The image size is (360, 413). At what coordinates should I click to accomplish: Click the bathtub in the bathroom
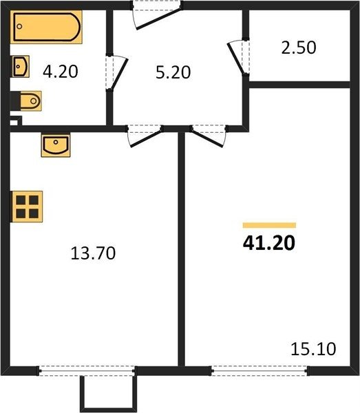[46, 27]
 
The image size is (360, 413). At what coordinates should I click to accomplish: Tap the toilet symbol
[26, 101]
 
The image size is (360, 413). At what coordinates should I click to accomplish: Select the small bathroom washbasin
[20, 66]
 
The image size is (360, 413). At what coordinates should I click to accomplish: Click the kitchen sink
[56, 145]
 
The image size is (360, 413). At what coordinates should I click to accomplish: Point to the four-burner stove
[27, 206]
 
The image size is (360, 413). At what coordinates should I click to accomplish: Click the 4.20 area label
[61, 72]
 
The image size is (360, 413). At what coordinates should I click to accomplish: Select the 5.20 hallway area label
[173, 72]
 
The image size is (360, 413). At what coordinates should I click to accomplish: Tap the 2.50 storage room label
[299, 48]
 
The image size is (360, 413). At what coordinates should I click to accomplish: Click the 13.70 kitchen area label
[93, 253]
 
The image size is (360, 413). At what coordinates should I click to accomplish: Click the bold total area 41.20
[269, 243]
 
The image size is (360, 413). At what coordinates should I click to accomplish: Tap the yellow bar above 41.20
[269, 225]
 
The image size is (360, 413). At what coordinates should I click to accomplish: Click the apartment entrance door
[157, 16]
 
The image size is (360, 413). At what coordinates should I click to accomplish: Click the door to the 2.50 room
[238, 57]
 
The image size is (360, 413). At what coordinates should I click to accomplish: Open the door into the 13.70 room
[145, 136]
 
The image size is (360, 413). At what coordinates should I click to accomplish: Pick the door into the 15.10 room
[208, 136]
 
